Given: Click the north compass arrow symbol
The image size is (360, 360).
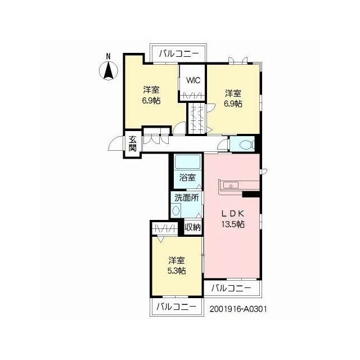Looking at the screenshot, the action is coord(109,71).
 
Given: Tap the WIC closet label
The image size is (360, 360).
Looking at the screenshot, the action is coord(193,80).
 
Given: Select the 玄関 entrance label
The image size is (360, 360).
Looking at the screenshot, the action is coord(133,144).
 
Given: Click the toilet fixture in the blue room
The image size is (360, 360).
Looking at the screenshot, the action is coord(246,145).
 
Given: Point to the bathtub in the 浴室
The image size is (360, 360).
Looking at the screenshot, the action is coord(187,163).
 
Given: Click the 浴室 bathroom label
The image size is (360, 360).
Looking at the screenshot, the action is coord(187,178).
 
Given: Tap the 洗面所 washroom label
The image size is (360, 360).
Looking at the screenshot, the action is coord(187,197).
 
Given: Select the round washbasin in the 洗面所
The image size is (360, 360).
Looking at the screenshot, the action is coord(176,210).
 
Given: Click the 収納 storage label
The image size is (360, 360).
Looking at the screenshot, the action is coord(193,227).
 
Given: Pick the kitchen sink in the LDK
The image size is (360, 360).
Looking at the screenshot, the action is coord(231,185).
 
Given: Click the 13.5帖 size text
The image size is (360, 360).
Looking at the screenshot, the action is coord(232,224).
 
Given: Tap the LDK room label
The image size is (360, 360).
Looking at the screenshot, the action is coord(232,214).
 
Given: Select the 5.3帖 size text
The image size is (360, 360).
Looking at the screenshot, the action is coord(177,271).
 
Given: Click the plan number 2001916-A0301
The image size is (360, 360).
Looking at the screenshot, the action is coord(238,309).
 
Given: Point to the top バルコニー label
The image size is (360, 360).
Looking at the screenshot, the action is coord(179,54).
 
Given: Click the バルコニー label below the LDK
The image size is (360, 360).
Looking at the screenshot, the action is coord(231,288).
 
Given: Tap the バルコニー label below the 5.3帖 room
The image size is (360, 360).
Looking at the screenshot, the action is coord(176,307).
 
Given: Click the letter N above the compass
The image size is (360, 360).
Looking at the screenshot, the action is coord(108,56).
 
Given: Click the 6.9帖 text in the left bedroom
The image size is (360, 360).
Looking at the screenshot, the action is coord(151,101).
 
